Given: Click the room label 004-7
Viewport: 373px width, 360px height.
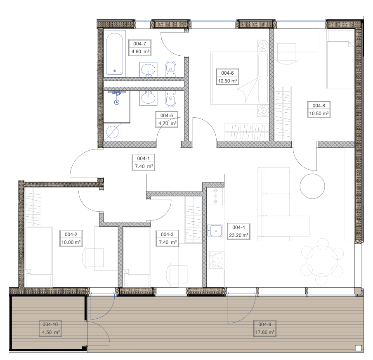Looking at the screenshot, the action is click(139, 44).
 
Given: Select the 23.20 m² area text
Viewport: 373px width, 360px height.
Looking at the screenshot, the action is click(238, 235).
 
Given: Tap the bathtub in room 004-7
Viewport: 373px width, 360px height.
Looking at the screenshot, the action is click(114, 54).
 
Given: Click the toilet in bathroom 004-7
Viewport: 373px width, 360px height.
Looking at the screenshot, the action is click(170, 69).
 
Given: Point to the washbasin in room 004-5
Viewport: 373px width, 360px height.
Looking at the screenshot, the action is click(148, 98).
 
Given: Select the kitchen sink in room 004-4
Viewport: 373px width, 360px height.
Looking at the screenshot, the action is click(215, 230).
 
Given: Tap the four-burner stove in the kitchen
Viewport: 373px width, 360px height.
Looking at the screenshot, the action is click(215, 260).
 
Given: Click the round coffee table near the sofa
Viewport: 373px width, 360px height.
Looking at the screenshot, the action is click(312, 186).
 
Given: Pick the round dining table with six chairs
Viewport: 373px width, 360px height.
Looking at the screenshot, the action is click(322, 258).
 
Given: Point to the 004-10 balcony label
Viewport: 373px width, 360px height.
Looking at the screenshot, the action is click(50, 324).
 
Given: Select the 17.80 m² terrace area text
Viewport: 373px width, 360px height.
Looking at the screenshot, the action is click(265, 332).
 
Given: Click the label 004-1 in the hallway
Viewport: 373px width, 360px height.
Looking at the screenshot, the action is click(143, 159).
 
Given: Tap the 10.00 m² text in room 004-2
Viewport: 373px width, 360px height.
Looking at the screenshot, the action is click(71, 242).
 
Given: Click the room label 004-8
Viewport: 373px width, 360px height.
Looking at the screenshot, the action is click(319, 106).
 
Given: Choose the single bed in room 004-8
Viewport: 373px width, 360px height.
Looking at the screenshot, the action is click(340, 59).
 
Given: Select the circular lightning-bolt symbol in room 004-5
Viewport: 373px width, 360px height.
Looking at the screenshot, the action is click(113, 132).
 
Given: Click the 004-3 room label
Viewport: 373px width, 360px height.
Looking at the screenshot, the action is click(167, 234).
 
